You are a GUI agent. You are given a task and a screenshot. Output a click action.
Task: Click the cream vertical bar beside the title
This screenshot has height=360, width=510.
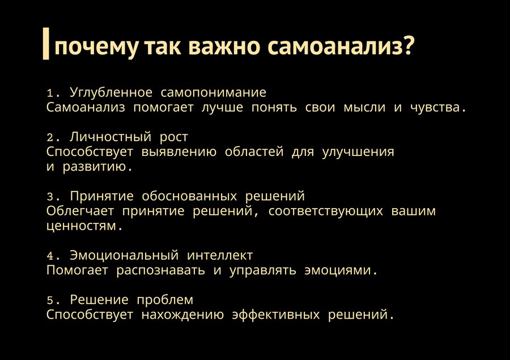coord(46,44)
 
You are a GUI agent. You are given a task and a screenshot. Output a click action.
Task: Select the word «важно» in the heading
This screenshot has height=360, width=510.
coord(224,46)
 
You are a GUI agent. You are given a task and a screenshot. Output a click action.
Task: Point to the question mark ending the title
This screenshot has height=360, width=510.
coord(408,45)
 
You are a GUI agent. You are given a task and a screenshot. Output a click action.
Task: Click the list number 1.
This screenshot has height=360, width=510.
coord(50,94)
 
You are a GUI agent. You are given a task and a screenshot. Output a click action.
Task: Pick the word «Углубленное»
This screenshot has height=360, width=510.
coord(111,93)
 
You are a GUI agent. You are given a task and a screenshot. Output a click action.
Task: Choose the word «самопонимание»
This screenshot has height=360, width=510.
coord(214,93)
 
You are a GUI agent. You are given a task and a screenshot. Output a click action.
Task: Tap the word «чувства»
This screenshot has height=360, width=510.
coord(435,108)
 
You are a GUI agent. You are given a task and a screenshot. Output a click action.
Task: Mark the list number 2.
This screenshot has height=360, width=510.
coord(50,138)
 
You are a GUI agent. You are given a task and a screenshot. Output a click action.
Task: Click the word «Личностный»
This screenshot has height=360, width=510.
coord(110,137)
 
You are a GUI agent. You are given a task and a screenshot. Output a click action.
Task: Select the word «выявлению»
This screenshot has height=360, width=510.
coord(179,152)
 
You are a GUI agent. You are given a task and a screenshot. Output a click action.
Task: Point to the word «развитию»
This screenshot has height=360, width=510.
coord(94,167)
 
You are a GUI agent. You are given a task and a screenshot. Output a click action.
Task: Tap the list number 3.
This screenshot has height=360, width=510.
coord(50,197)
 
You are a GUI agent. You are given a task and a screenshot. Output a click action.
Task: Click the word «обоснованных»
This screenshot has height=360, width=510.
coord(189,196)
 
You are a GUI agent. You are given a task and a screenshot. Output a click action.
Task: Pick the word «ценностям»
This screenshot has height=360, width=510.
coord(81,226)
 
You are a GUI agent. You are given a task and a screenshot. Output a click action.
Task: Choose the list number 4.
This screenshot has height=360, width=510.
coord(50,256)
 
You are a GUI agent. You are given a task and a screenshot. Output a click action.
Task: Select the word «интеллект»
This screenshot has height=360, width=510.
coord(220,256)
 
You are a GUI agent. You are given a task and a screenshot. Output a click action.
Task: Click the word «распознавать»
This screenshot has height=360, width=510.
coord(161,270)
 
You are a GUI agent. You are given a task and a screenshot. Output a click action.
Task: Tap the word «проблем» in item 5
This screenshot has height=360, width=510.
coord(165,300)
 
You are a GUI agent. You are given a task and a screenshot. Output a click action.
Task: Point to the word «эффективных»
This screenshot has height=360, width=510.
coord(276,315)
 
